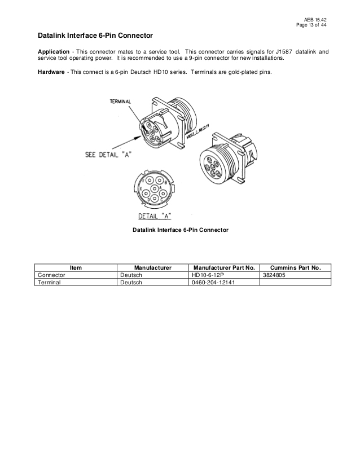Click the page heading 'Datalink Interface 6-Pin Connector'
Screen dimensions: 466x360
(x=95, y=36)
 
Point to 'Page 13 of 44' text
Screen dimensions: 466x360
(x=311, y=25)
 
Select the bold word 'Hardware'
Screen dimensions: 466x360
(x=51, y=72)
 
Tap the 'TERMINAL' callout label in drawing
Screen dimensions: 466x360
(x=120, y=102)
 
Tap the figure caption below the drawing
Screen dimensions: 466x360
(x=180, y=230)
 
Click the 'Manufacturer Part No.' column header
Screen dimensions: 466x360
(x=224, y=267)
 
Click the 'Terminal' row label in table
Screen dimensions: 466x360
(x=49, y=282)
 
